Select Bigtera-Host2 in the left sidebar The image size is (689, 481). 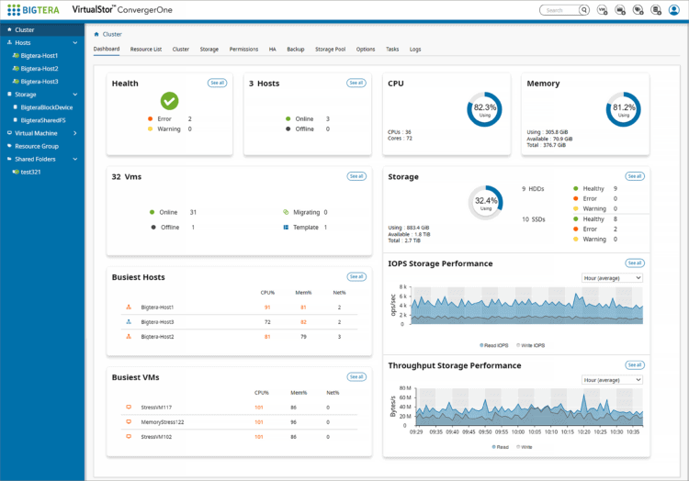click(x=40, y=69)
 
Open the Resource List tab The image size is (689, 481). click(x=146, y=49)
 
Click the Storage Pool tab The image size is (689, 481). click(x=331, y=49)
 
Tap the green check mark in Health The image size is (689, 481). click(x=169, y=101)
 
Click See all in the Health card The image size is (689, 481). click(x=217, y=83)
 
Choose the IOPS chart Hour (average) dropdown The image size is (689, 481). click(x=612, y=277)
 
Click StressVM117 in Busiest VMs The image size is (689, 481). click(x=156, y=407)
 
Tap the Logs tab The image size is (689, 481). click(x=415, y=49)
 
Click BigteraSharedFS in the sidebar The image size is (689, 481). click(x=46, y=119)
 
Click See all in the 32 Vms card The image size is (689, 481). click(x=356, y=175)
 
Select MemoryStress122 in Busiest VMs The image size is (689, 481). click(x=163, y=422)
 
